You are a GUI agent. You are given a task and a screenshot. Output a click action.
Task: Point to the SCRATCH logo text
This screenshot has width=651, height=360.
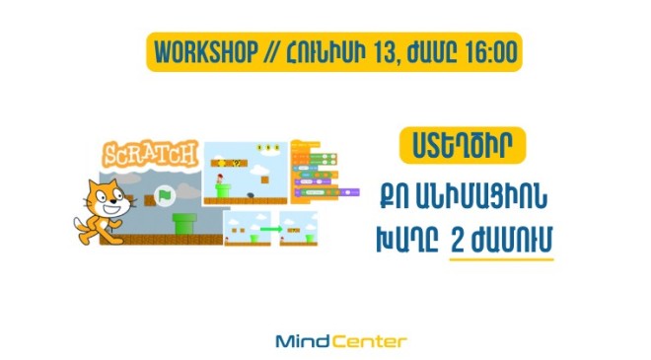coord(151,155)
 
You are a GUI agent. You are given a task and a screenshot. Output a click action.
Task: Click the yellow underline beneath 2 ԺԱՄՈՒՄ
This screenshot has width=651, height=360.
coord(501,260)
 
